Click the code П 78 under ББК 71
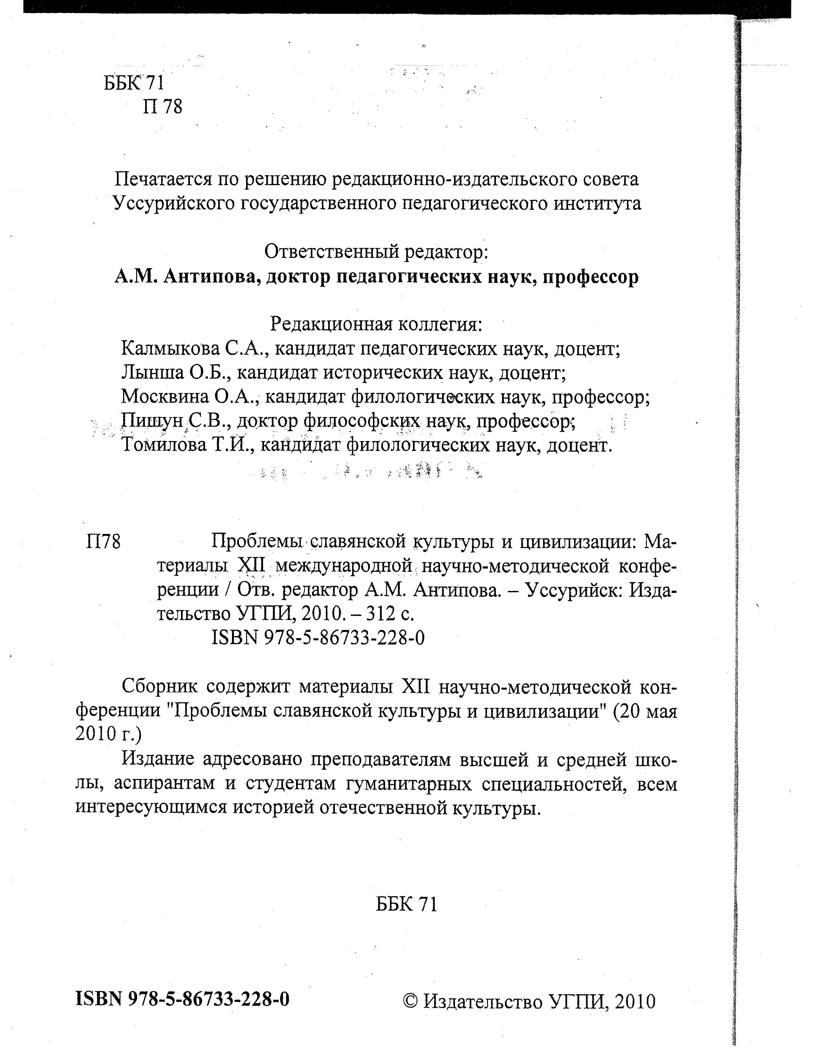point(163,106)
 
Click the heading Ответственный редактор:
point(376,252)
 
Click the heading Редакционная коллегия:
point(376,324)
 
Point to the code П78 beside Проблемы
point(103,542)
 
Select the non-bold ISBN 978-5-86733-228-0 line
point(318,638)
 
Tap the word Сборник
point(160,686)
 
